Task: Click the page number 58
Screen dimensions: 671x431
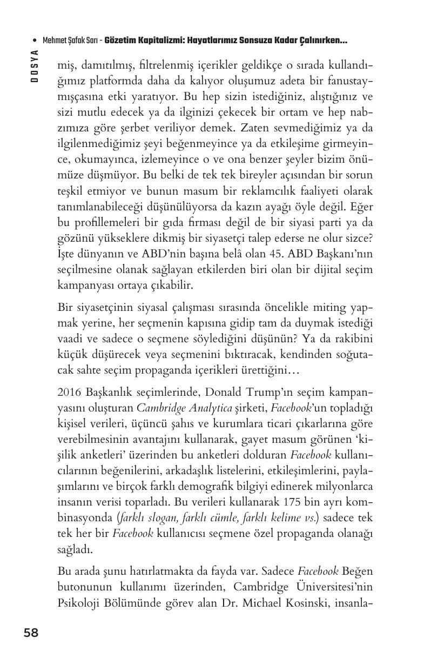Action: [31, 633]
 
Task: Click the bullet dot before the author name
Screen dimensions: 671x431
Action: [35, 41]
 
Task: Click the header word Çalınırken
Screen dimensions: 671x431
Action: [322, 41]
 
